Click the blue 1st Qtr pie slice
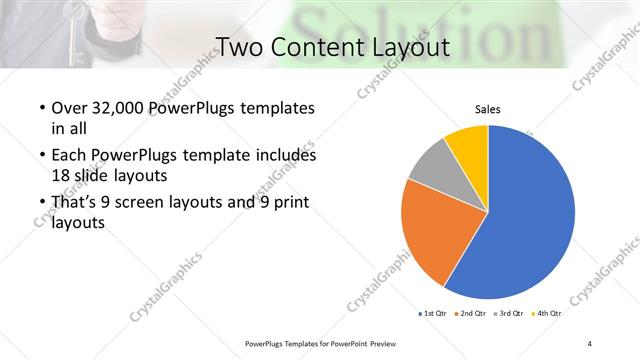[x=530, y=215]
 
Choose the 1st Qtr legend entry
[x=433, y=313]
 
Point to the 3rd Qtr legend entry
[x=510, y=313]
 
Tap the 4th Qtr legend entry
[x=549, y=313]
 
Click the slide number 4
[x=590, y=343]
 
